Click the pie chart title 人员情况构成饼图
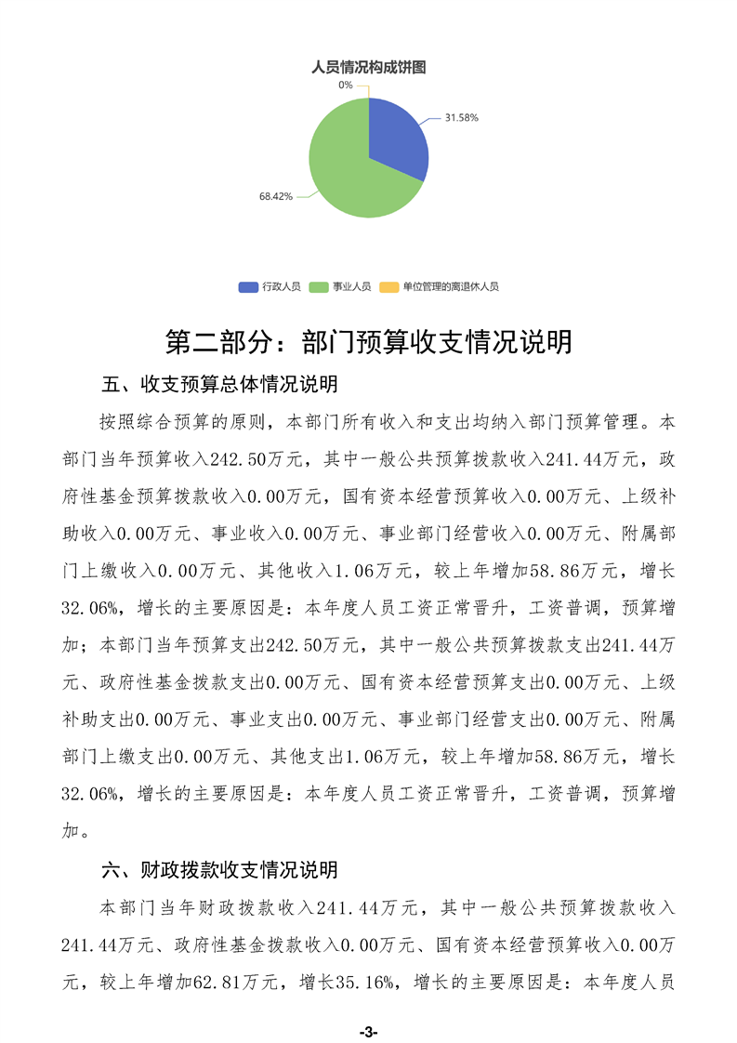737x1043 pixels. coord(368,67)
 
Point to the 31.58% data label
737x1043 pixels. coord(461,118)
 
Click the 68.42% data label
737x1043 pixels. coord(276,196)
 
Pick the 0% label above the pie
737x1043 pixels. coord(346,85)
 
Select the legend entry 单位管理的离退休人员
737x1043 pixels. coord(451,287)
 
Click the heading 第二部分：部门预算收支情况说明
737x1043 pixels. coord(368,341)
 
